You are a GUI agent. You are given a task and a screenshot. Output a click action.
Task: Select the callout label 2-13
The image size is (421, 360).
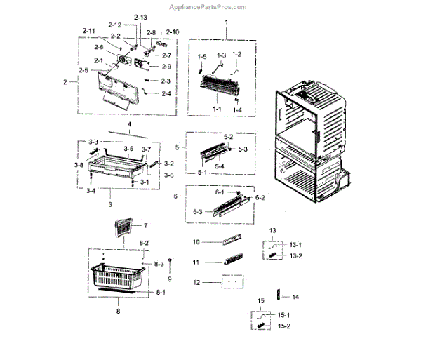121,17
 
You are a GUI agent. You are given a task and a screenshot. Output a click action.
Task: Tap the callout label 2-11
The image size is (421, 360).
88,32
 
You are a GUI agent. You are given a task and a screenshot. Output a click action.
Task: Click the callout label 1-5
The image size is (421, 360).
202,55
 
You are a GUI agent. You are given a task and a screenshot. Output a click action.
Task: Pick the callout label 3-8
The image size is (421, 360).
80,164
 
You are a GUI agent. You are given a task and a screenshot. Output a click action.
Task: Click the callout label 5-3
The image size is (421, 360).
243,149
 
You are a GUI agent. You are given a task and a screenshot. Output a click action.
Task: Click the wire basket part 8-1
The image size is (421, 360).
116,279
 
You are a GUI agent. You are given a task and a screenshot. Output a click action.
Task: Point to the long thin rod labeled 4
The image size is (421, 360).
128,134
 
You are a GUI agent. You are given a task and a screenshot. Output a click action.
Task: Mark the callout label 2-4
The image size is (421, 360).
166,93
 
